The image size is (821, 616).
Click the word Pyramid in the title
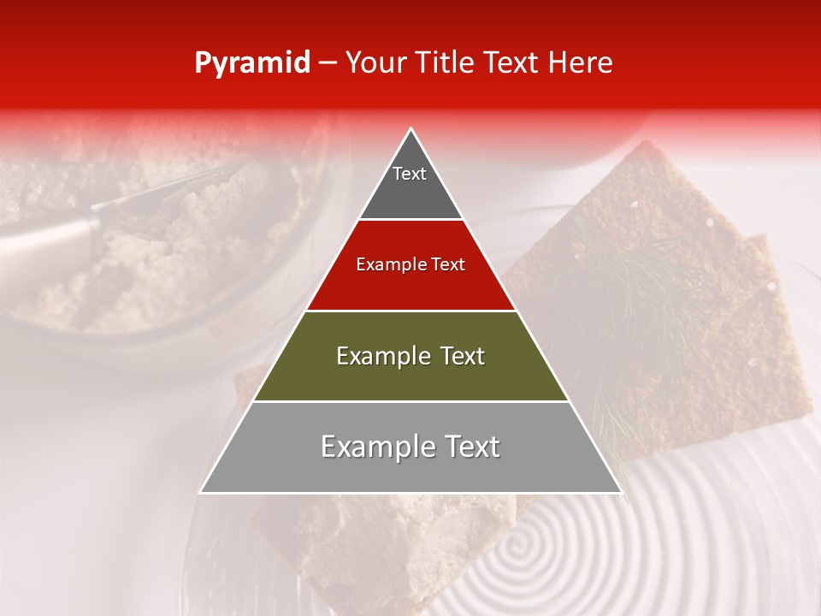pos(251,63)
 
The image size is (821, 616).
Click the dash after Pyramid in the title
pos(328,63)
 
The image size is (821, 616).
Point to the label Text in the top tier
pos(410,174)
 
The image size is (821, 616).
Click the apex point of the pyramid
pos(411,129)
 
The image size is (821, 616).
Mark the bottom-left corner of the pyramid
pos(201,492)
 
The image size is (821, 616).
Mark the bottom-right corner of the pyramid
pos(621,492)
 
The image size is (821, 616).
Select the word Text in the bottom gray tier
pos(470,447)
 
